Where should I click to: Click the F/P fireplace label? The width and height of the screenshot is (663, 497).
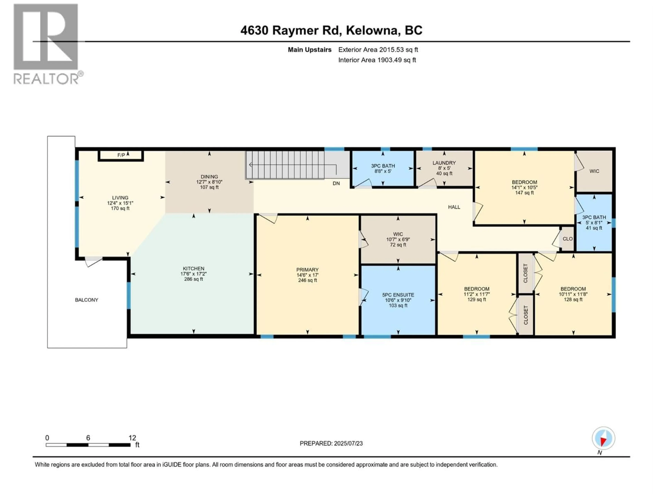[121, 155]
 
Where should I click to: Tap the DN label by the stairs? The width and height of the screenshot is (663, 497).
[336, 183]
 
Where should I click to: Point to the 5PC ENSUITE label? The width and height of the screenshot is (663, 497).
[398, 295]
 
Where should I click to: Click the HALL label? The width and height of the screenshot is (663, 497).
[454, 207]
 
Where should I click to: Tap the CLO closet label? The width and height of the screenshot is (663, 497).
[567, 239]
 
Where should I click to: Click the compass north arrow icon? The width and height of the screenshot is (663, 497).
[603, 438]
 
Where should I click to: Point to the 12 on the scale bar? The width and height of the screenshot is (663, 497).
[132, 438]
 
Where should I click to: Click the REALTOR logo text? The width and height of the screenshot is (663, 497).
[46, 79]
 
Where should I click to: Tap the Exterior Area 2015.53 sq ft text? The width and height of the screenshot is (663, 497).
[378, 50]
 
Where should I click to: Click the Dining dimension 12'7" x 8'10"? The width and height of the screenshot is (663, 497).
[209, 182]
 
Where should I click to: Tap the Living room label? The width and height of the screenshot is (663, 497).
[120, 198]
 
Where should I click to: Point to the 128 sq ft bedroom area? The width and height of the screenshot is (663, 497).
[573, 299]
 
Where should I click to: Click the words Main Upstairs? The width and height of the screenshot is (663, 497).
[309, 50]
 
